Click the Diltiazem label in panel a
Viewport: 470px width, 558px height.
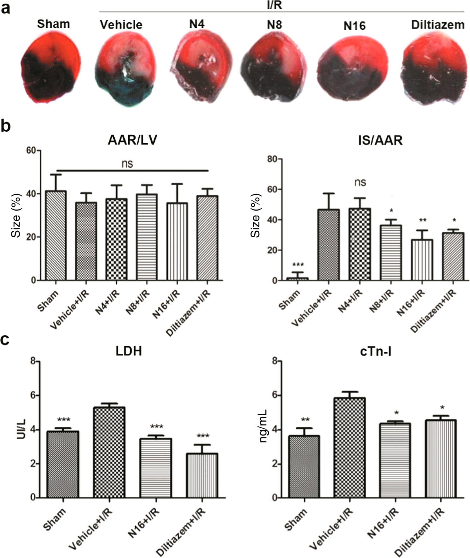pos(437,25)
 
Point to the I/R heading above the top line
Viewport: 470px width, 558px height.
pos(274,5)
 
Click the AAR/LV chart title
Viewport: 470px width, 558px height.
pos(132,140)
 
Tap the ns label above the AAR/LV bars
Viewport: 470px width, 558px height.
pos(127,163)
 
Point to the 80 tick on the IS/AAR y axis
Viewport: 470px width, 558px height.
pos(271,159)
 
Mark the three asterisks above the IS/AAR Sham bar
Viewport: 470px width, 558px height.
pos(298,264)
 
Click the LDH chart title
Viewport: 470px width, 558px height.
pos(129,351)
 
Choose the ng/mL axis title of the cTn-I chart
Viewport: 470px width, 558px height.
pos(263,426)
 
